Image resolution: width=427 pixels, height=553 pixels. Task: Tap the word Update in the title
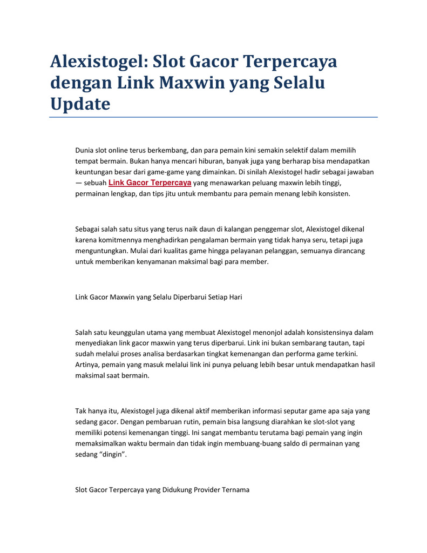(80, 103)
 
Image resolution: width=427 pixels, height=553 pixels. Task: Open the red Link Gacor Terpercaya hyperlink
(150, 183)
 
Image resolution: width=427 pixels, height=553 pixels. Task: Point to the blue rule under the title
(213, 117)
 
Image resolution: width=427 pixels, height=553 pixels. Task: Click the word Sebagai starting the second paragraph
(87, 230)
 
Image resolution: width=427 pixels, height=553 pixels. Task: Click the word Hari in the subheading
(235, 297)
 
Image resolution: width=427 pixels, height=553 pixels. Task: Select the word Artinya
(87, 365)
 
